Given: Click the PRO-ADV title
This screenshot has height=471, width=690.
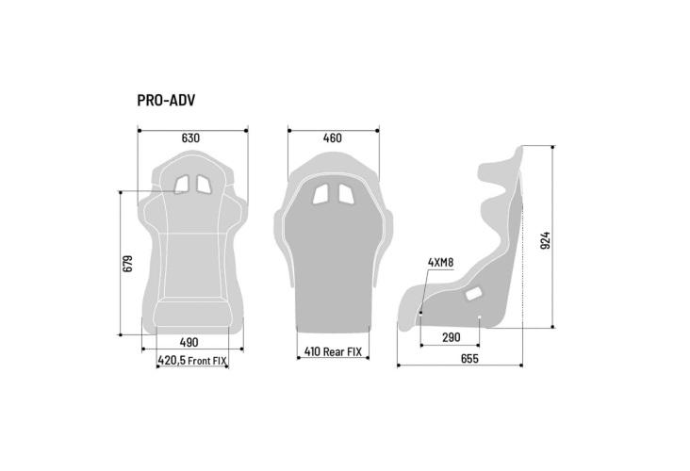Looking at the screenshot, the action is (166, 100).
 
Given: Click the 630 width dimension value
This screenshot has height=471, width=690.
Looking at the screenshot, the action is (190, 138).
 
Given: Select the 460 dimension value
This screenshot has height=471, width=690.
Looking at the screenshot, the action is (332, 138).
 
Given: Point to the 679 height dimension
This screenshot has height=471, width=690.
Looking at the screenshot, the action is (127, 264).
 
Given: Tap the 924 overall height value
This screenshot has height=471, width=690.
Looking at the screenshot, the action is (545, 240).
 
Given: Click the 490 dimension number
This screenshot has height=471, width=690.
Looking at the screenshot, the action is (189, 342).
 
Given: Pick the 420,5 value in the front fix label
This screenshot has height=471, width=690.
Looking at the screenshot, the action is (172, 361).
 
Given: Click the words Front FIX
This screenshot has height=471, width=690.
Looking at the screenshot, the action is (207, 361).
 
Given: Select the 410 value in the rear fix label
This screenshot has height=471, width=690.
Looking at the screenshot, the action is (312, 351).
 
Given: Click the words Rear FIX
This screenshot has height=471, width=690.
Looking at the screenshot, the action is (342, 351).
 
